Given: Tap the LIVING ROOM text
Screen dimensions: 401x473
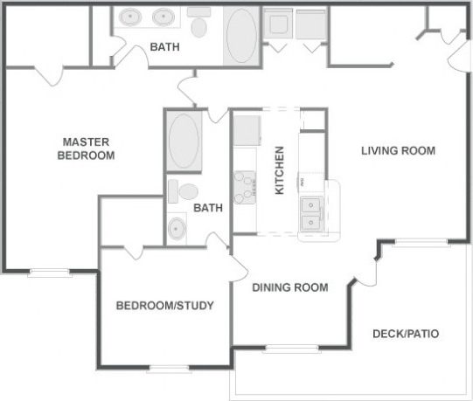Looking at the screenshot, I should (x=398, y=150).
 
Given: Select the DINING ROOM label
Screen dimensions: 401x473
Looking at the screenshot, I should (x=290, y=287).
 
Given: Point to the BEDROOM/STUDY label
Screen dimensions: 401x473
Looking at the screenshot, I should (x=165, y=306).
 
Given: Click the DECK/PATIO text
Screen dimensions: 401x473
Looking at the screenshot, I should (x=405, y=334).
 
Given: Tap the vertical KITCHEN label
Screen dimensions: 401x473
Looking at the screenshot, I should (x=280, y=170).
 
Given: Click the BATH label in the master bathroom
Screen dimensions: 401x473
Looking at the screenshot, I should (x=164, y=47).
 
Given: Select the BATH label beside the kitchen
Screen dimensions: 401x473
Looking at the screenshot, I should (x=208, y=208).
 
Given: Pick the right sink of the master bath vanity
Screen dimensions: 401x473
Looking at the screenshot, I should (x=163, y=17).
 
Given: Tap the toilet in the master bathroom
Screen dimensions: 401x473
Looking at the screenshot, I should (x=199, y=24).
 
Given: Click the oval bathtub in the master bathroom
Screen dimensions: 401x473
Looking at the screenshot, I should (x=242, y=35).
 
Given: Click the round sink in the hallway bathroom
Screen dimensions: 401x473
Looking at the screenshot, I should (x=177, y=228).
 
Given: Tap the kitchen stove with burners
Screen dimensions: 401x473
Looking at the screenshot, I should (x=244, y=186).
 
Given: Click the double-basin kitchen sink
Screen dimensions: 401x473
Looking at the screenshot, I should (x=310, y=215).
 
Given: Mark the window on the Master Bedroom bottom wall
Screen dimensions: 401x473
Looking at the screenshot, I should (x=50, y=272).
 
